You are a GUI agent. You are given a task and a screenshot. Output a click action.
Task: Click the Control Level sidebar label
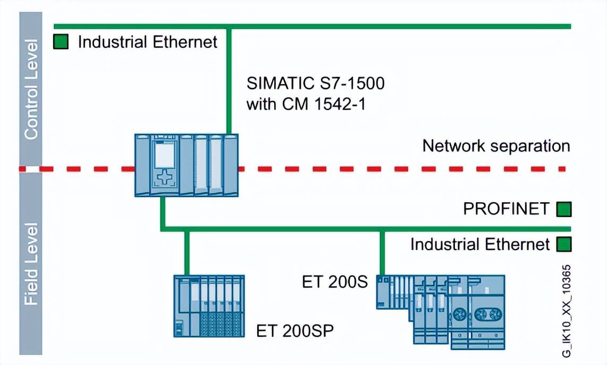(x=31, y=89)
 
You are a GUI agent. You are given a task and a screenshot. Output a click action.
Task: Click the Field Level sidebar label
(x=31, y=264)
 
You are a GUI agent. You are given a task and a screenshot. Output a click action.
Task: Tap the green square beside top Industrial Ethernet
(x=61, y=42)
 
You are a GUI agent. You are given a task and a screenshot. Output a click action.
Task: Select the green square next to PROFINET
(x=563, y=209)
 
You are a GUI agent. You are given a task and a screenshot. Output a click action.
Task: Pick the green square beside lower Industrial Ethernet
(x=563, y=245)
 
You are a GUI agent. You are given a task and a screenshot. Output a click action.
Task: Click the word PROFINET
(x=505, y=209)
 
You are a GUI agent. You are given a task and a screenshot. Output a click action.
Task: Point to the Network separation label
(x=496, y=146)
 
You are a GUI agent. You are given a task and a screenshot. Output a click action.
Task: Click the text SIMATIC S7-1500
(x=315, y=84)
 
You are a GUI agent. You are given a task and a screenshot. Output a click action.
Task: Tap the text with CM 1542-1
(x=306, y=103)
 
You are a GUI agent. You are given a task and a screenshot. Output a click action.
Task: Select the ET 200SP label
(x=295, y=331)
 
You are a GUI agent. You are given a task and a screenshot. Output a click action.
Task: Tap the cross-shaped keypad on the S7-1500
(x=164, y=178)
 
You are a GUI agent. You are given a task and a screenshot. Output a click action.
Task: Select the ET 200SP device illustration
(x=209, y=306)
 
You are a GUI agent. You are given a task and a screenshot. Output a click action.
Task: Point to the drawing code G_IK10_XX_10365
(x=567, y=311)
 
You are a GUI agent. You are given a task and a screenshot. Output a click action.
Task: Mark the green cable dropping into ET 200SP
(x=187, y=253)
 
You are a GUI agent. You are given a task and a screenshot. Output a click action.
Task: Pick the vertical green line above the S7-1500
(x=229, y=80)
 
